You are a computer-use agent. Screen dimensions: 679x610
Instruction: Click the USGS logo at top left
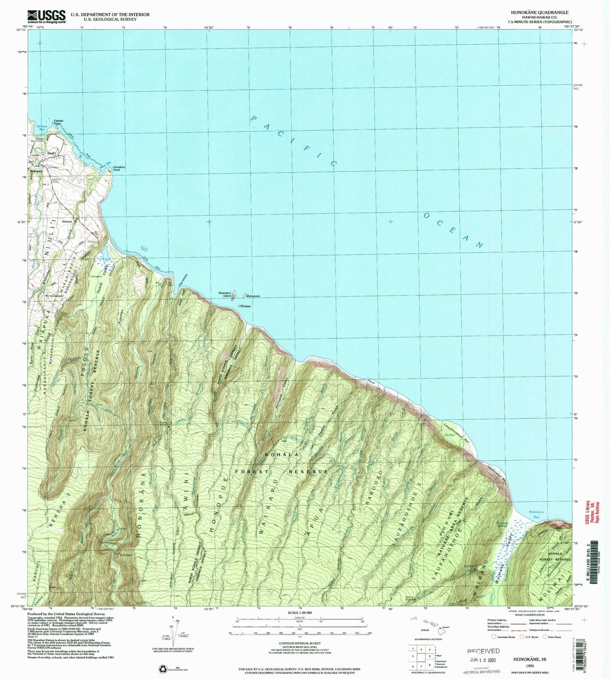point(46,16)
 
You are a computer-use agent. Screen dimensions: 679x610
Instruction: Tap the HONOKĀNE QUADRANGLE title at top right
point(545,13)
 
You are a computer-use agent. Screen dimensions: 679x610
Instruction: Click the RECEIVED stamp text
point(484,651)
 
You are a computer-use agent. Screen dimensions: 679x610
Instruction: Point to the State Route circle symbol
point(545,637)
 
